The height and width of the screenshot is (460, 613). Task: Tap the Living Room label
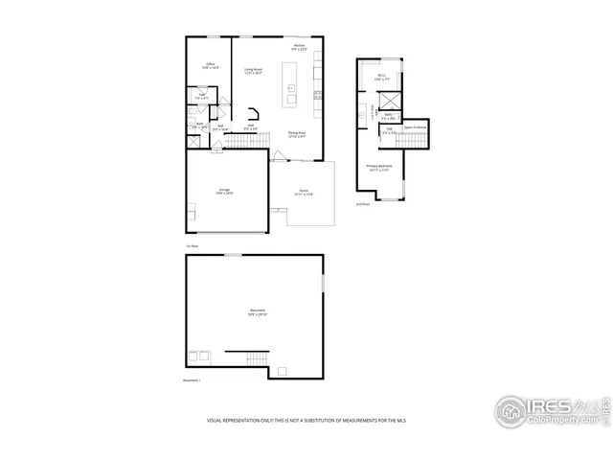pyautogui.click(x=254, y=70)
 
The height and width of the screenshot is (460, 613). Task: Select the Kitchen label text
pyautogui.click(x=300, y=47)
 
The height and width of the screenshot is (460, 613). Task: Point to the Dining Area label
pyautogui.click(x=297, y=134)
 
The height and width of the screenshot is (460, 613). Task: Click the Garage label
pyautogui.click(x=224, y=191)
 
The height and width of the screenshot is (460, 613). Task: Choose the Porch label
pyautogui.click(x=304, y=193)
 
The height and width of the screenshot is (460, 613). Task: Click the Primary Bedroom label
pyautogui.click(x=380, y=167)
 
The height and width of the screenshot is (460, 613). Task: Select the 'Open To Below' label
pyautogui.click(x=415, y=126)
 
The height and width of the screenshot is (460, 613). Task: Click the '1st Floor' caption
pyautogui.click(x=192, y=246)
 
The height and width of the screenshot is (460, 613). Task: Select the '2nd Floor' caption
pyautogui.click(x=362, y=204)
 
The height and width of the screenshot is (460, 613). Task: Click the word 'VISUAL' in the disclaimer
pyautogui.click(x=216, y=420)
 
